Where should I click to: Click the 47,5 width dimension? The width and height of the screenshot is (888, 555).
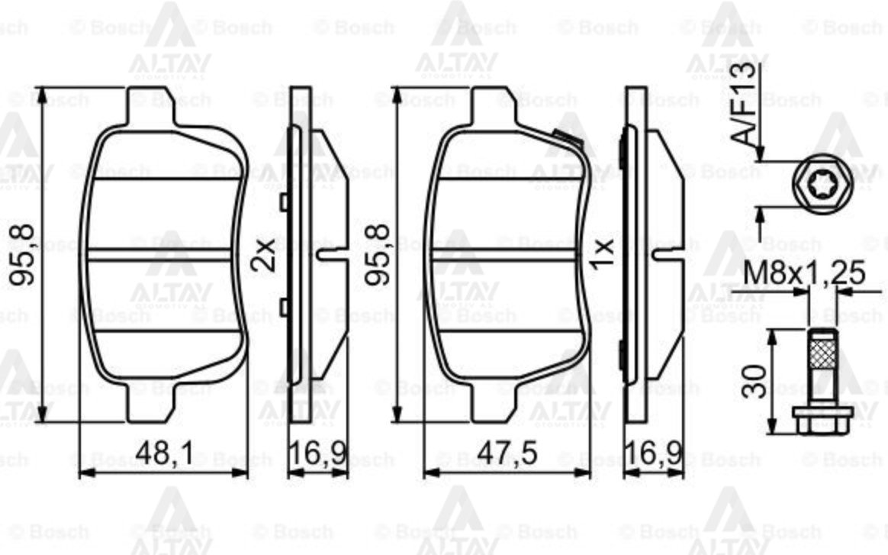click(507, 453)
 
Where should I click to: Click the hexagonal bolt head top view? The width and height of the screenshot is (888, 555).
click(813, 183)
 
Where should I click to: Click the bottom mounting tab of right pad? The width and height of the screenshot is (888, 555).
click(493, 405)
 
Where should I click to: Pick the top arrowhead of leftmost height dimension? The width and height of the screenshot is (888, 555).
click(43, 96)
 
